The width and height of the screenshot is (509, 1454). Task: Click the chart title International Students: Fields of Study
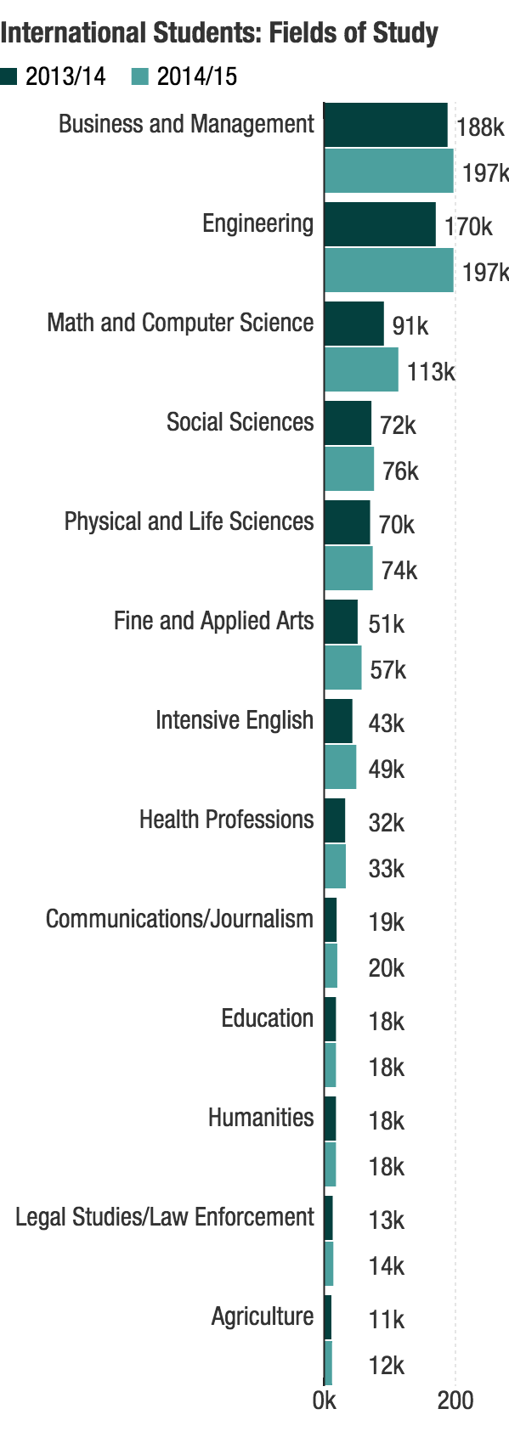coord(218,32)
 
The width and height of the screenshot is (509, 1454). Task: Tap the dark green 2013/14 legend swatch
coord(8,77)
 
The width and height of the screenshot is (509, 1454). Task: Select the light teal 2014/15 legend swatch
coord(139,77)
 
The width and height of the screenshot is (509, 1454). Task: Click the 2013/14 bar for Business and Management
coord(386,125)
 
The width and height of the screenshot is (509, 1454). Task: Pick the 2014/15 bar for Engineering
coord(389,270)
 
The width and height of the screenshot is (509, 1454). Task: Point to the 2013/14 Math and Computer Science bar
coord(353,324)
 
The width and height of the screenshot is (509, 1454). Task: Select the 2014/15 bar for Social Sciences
coord(349,469)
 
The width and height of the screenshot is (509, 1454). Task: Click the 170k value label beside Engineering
coord(468,227)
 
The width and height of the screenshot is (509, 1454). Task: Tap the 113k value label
coord(431,372)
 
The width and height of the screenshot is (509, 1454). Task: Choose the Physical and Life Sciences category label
coord(189,521)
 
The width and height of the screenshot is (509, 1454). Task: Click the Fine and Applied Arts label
coord(213,621)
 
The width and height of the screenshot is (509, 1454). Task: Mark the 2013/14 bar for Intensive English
coord(338,721)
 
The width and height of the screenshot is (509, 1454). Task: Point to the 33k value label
coord(387,869)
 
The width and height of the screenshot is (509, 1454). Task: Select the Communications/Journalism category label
coord(180,919)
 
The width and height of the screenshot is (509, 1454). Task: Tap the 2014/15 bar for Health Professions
coord(335,866)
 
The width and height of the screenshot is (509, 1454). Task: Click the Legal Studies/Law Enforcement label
coord(165,1217)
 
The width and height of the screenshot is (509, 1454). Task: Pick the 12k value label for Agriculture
coord(387,1366)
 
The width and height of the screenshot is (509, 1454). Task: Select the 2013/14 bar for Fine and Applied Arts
coord(341,622)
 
